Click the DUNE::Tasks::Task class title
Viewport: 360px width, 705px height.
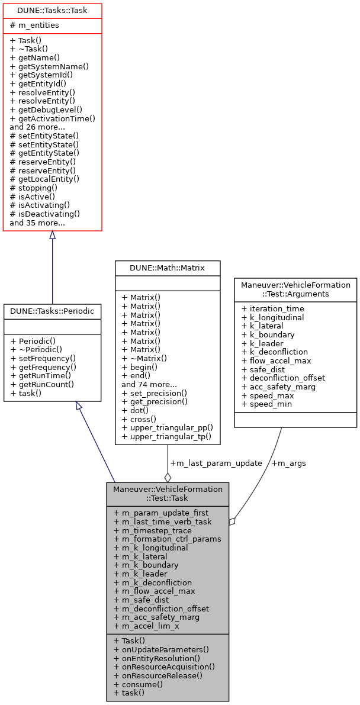52,11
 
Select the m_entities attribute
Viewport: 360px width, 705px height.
34,25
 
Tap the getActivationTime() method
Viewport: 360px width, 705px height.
52,118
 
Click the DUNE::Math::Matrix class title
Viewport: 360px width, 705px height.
167,268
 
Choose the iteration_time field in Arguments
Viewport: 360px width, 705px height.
273,308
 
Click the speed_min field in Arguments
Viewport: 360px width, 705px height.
266,404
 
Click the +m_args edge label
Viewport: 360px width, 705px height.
288,463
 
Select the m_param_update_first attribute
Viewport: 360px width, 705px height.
161,513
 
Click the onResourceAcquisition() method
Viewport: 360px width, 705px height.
164,667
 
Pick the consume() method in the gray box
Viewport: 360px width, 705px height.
137,684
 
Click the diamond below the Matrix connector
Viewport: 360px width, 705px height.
168,477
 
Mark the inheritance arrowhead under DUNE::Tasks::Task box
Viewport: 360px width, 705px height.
52,236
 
